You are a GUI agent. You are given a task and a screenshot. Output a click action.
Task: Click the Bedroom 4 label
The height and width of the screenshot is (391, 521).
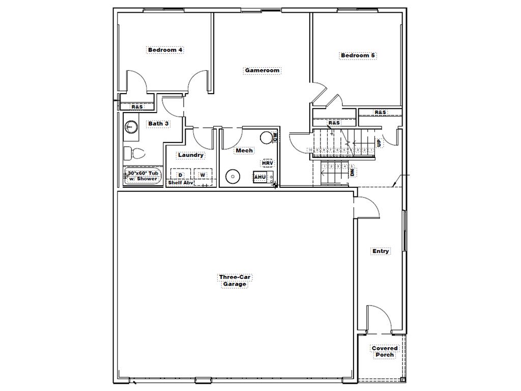[x=165, y=50]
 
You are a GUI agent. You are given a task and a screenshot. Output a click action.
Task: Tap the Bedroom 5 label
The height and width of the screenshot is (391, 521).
[x=358, y=55]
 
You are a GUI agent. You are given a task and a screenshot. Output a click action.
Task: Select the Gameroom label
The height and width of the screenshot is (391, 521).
[x=262, y=71]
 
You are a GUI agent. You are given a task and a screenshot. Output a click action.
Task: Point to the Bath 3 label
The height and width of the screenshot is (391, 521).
[x=158, y=124]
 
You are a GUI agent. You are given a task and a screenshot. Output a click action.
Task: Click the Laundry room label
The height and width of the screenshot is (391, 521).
[x=191, y=155]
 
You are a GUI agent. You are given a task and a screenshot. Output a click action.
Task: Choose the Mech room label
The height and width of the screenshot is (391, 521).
[x=244, y=151]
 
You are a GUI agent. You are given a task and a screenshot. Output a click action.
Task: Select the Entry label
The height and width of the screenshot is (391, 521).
[x=381, y=251]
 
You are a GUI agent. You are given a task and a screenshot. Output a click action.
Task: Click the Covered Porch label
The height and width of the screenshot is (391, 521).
[x=385, y=351]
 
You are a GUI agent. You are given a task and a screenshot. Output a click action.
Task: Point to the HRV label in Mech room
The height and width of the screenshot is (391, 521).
[x=268, y=163]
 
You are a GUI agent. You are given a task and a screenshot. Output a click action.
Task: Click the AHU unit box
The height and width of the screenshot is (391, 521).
[x=260, y=177]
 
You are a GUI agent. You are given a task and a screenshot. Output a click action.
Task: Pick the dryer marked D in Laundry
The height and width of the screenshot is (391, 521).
[x=180, y=175]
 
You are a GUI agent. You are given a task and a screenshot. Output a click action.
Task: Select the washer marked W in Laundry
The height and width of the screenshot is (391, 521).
[x=203, y=175]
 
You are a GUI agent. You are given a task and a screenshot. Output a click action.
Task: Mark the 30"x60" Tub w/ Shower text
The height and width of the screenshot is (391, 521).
[x=142, y=176]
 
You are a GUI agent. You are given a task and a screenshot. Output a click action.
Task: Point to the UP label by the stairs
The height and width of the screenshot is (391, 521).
[x=379, y=143]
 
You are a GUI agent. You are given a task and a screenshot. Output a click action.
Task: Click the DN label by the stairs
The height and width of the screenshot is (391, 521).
[x=353, y=173]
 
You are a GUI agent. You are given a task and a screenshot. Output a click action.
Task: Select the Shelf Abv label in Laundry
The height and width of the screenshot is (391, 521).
[x=181, y=183]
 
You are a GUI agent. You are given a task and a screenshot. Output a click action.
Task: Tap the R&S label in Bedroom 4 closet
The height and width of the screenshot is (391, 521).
[x=137, y=107]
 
